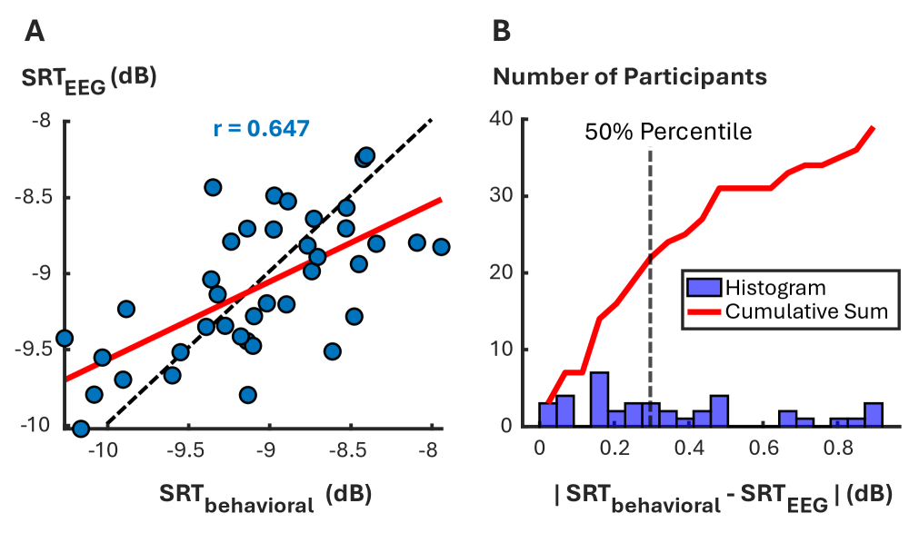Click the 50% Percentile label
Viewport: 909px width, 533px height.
tap(667, 132)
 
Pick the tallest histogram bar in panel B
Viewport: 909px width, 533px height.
tap(599, 400)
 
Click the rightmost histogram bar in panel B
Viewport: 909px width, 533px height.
tap(874, 415)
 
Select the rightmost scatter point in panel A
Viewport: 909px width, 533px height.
tap(441, 247)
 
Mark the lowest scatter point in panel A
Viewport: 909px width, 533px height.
tap(81, 429)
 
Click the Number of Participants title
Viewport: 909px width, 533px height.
tap(630, 76)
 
